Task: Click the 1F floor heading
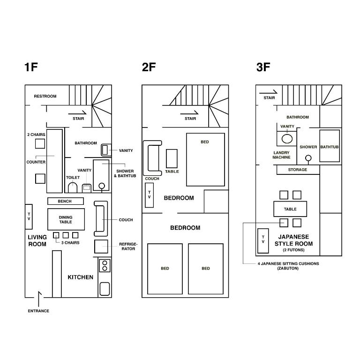click(31, 67)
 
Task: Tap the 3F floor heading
click(263, 67)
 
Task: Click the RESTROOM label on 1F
click(45, 96)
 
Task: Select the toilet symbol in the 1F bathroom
click(73, 188)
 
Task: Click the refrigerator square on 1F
click(101, 247)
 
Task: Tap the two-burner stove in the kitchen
click(105, 266)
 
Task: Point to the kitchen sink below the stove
click(105, 289)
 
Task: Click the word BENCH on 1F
click(65, 201)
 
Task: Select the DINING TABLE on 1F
click(66, 219)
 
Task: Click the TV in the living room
click(29, 217)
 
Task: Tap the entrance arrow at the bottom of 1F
click(38, 299)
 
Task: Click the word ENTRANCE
click(38, 311)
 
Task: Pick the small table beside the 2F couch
click(172, 158)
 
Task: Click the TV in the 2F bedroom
click(149, 195)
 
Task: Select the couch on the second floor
click(152, 158)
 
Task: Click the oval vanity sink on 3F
click(287, 139)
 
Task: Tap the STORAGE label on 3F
click(298, 170)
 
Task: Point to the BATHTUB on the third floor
click(330, 146)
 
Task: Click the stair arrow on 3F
click(268, 92)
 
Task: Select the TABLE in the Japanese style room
click(290, 209)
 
